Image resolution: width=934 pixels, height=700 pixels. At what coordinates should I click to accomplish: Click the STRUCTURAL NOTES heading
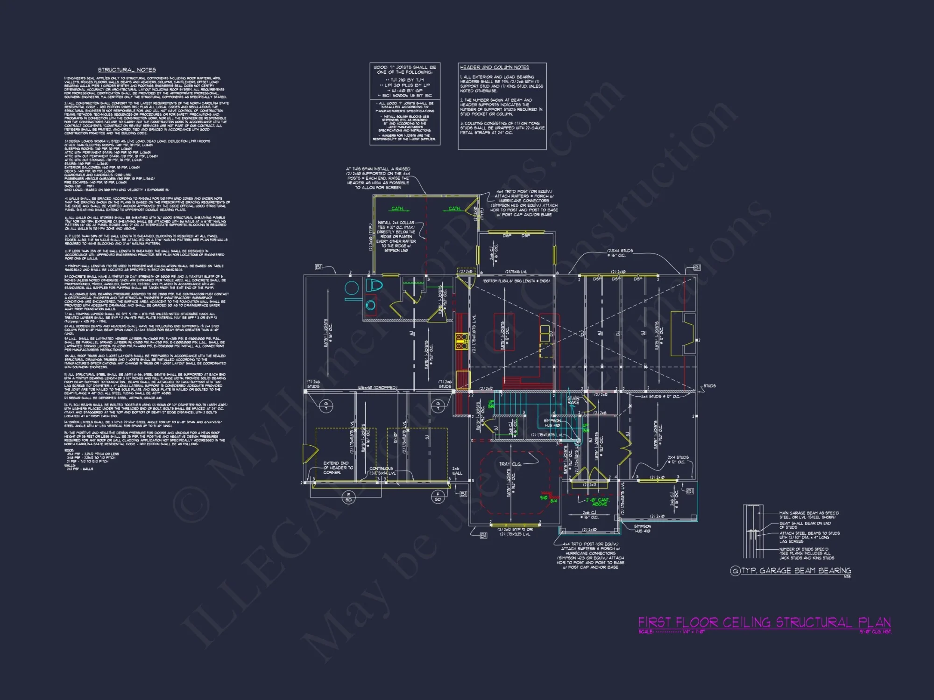(127, 70)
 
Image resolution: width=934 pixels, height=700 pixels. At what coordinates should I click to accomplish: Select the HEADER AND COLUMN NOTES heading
(494, 67)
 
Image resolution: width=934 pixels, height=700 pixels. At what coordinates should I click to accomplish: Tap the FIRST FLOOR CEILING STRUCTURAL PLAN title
(764, 622)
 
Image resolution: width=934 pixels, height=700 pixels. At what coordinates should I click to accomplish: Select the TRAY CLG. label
(509, 464)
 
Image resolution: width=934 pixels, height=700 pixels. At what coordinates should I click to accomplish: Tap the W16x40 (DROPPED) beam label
(377, 387)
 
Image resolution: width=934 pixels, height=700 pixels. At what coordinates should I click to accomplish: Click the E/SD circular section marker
(348, 497)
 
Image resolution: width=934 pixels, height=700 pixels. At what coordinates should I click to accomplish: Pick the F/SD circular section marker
(438, 497)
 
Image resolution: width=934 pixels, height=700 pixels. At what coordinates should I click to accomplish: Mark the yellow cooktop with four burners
(461, 341)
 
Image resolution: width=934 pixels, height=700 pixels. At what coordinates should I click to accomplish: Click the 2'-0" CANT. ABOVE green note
(599, 502)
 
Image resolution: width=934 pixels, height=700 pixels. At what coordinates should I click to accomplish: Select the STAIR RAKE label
(573, 400)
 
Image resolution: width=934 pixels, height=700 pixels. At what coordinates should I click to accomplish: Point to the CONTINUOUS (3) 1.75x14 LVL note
(382, 470)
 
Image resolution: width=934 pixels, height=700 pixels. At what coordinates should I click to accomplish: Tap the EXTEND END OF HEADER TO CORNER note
(338, 468)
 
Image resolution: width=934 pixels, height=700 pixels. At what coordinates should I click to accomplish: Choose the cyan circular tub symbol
(351, 287)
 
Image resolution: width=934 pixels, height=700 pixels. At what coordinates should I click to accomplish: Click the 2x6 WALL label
(456, 470)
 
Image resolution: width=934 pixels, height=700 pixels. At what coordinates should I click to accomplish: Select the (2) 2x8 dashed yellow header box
(466, 271)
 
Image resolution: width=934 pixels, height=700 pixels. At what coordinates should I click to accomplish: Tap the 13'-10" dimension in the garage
(395, 438)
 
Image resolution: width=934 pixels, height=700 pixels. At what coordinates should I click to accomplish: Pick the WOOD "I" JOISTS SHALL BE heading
(404, 70)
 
